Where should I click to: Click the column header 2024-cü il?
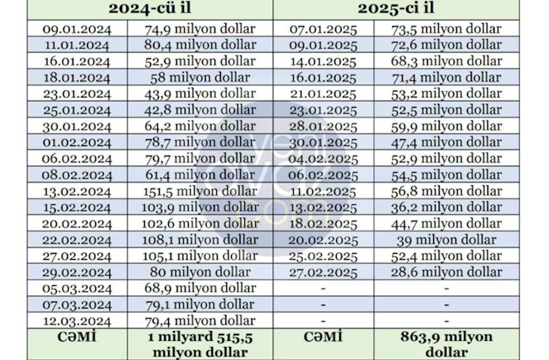151,10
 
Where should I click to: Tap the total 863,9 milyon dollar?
446,344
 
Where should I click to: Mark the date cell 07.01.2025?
323,29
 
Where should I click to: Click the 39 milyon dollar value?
446,240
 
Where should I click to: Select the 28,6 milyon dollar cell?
446,272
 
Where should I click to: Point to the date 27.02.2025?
323,272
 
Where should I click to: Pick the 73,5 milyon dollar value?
446,29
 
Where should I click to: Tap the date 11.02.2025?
323,191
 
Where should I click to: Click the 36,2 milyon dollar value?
446,208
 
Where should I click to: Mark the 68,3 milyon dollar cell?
446,62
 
